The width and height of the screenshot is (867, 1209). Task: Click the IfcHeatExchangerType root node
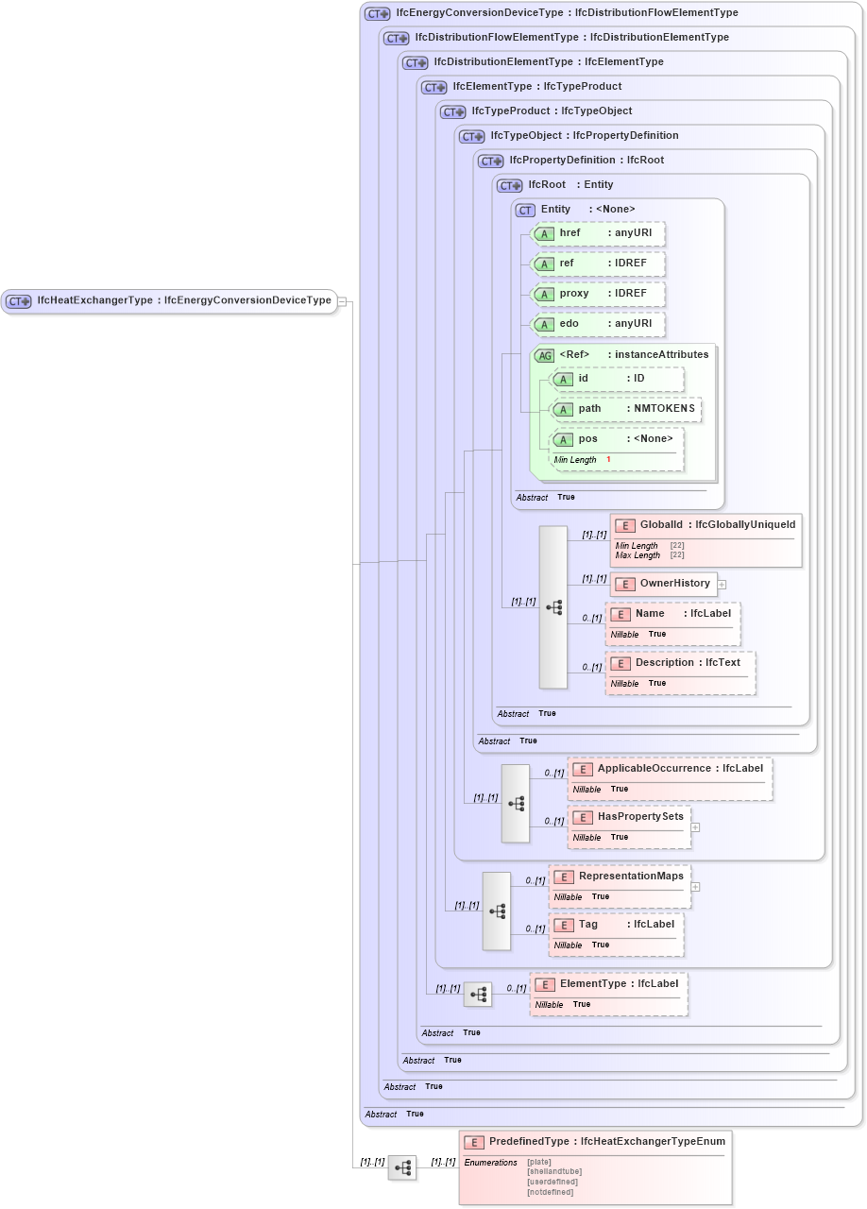point(170,301)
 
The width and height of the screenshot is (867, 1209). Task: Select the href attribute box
point(598,233)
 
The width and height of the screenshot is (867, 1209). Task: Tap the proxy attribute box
point(598,294)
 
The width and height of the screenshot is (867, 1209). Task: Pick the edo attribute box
point(598,324)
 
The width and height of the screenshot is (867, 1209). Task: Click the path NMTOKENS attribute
point(626,409)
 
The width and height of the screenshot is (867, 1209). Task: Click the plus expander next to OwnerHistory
point(722,584)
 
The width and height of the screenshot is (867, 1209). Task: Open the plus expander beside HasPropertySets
point(695,826)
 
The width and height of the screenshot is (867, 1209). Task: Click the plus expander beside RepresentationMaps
point(695,887)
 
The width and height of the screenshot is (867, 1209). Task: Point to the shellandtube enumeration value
point(552,1171)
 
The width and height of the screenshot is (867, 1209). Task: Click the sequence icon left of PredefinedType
point(402,1167)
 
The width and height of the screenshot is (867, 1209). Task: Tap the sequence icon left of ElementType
point(478,995)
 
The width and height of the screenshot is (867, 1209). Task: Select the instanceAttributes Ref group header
point(623,355)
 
